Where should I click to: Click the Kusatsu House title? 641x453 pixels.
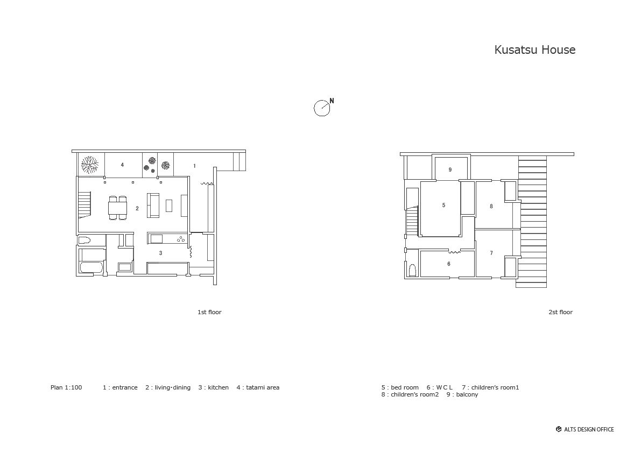coord(535,50)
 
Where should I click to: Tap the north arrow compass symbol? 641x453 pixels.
coord(322,108)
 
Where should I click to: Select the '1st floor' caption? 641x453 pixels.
coord(209,312)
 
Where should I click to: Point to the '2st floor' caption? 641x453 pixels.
coord(560,312)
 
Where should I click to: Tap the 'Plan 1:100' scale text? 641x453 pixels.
coord(66,387)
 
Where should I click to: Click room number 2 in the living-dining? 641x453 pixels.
coord(137,208)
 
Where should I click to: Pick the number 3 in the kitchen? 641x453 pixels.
coord(161,253)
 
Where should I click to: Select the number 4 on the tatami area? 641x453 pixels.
coord(122,165)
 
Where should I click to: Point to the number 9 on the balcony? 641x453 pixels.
coord(450,169)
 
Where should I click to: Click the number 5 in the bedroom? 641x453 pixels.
coord(443,205)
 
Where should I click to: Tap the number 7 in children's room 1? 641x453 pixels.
coord(491,253)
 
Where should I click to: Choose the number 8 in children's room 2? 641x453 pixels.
coord(491,206)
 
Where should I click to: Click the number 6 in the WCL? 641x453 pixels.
coord(449,264)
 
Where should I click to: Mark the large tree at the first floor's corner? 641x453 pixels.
coord(89,165)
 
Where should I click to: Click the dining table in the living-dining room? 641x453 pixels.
coord(118,208)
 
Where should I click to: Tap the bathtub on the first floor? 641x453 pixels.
coord(91,268)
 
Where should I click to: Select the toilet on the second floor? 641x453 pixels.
coord(412,270)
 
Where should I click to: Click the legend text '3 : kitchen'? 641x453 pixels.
coord(213,387)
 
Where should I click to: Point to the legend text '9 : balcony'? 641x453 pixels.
coord(462,394)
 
